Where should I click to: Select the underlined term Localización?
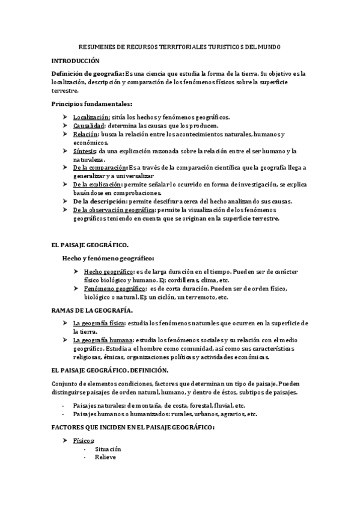coord(91,117)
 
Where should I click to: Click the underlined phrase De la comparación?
coord(100,167)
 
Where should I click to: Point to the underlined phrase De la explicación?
coord(97,184)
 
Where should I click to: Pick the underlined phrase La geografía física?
coord(99,323)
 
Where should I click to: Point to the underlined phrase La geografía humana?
coord(102,340)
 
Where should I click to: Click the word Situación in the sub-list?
coord(108,449)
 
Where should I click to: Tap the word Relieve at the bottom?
coord(105,457)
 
